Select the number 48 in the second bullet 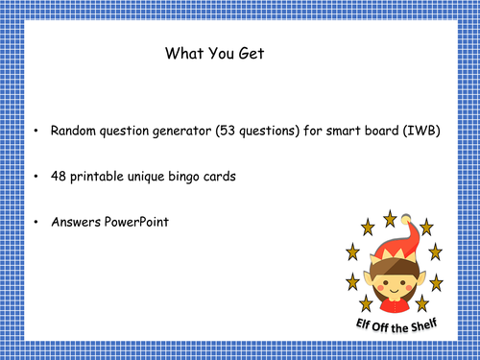coord(59,178)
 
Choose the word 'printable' coord(101,178)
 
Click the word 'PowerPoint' coord(138,222)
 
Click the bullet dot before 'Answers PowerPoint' coord(36,222)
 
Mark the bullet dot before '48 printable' coord(36,178)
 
